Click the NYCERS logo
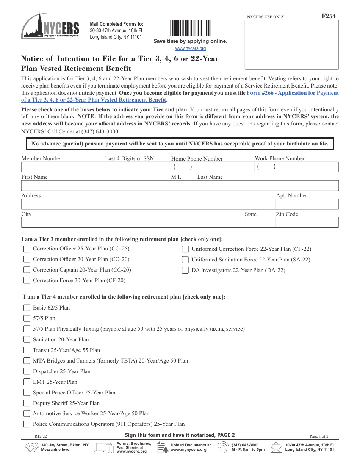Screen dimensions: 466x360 (50, 26)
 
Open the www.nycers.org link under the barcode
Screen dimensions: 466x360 (190, 48)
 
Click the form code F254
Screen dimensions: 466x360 (328, 16)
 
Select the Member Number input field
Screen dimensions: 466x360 (63, 167)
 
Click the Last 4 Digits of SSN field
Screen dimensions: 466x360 (138, 167)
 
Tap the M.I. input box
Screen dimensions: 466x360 (184, 186)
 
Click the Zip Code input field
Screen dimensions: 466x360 (307, 223)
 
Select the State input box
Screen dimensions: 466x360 (260, 223)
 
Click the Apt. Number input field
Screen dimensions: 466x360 (307, 204)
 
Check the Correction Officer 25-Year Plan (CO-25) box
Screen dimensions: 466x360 (27, 249)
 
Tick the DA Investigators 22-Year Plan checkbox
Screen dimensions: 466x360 (185, 270)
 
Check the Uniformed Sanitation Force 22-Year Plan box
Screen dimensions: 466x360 (185, 260)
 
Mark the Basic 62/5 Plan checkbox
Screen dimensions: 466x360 (27, 308)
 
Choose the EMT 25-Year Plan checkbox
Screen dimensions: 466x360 (27, 382)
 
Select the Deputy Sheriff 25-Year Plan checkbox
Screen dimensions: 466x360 (27, 403)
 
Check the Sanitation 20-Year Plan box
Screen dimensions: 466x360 (27, 339)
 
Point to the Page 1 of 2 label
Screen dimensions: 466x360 (319, 436)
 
